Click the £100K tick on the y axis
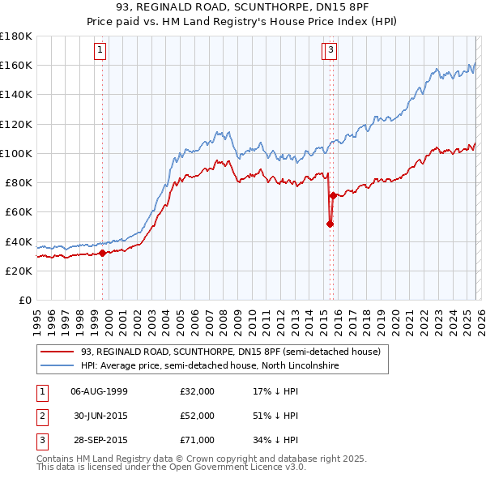15,153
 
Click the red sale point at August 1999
102,253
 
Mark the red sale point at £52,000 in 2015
330,224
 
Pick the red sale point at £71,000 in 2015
333,195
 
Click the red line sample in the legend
58,352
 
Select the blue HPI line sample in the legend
58,365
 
